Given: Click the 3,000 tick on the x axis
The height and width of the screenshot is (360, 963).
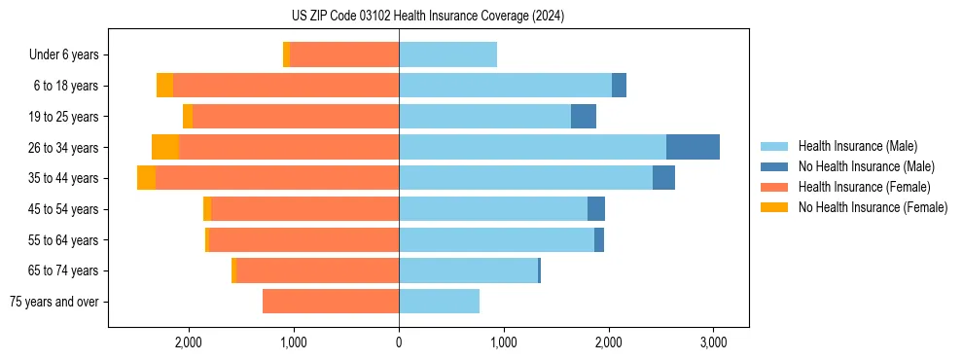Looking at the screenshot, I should click(713, 343).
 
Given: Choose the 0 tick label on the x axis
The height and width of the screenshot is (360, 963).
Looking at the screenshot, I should click(399, 343).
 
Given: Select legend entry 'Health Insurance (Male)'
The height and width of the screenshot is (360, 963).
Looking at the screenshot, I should click(857, 146).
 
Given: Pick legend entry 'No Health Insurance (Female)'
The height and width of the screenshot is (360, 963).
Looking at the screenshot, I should click(873, 207).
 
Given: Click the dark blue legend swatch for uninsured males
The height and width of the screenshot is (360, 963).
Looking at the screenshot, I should click(774, 166).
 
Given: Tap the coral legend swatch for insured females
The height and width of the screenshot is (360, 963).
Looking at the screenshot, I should click(774, 187).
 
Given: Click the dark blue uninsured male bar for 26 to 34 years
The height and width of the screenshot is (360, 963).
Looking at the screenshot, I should click(693, 148).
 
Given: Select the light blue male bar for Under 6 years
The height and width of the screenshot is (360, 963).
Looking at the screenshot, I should click(447, 55).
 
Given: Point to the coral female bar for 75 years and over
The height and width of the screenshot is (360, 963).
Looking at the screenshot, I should click(331, 302).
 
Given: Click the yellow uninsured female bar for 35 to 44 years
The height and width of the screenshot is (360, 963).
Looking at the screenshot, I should click(146, 178).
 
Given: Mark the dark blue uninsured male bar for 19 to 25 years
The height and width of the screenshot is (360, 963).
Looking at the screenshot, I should click(584, 117).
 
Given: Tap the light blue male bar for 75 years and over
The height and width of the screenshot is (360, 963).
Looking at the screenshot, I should click(439, 302).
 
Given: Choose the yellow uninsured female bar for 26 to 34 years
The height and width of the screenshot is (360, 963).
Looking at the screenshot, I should click(165, 148).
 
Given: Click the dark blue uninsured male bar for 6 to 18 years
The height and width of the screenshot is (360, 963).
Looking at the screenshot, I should click(619, 86).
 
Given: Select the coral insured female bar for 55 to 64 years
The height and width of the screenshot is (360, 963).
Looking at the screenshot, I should click(303, 240).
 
